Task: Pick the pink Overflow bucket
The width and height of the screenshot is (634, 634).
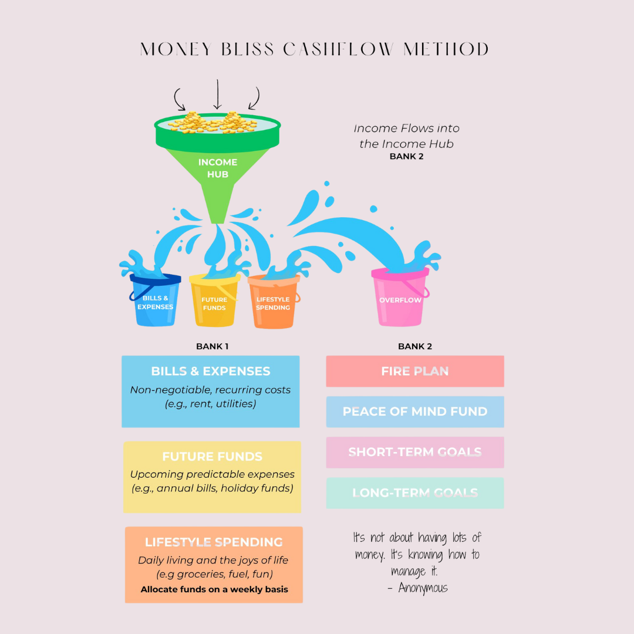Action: pyautogui.click(x=400, y=299)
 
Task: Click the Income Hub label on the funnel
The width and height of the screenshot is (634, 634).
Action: pyautogui.click(x=218, y=168)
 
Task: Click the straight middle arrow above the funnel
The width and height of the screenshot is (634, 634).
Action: pyautogui.click(x=218, y=94)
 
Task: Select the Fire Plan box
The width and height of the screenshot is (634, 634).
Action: pyautogui.click(x=415, y=371)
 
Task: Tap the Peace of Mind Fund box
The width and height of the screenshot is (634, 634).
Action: pyautogui.click(x=415, y=412)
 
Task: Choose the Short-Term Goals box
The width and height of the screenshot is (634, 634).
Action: pyautogui.click(x=415, y=452)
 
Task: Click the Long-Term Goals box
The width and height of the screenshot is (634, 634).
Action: pyautogui.click(x=415, y=493)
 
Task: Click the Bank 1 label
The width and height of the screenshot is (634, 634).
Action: pyautogui.click(x=213, y=346)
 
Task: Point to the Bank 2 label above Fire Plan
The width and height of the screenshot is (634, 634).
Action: pyautogui.click(x=415, y=346)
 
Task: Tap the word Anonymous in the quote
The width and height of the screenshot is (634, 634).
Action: pyautogui.click(x=423, y=588)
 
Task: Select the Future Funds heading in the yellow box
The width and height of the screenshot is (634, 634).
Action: pyautogui.click(x=213, y=457)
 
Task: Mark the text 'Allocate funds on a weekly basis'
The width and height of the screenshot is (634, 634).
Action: pyautogui.click(x=214, y=589)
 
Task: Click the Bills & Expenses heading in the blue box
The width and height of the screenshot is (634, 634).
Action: pyautogui.click(x=211, y=371)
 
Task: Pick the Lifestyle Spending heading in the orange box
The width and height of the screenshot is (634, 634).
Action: pyautogui.click(x=214, y=542)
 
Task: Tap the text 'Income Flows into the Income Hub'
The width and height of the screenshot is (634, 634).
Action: pyautogui.click(x=407, y=136)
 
